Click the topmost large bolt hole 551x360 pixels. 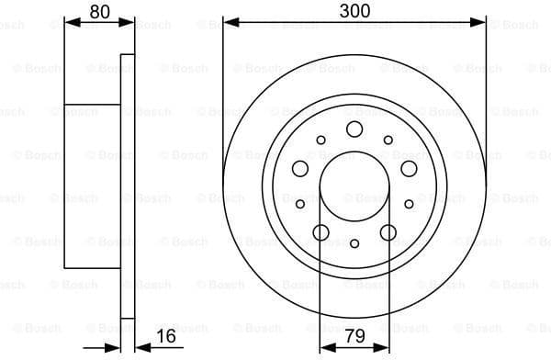click(354, 129)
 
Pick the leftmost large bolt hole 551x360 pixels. click(300, 168)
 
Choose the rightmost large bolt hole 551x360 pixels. click(409, 168)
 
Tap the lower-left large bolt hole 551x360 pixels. click(321, 231)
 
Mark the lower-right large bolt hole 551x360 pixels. click(388, 231)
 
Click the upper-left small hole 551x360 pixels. click(321, 140)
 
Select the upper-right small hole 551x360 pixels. click(388, 140)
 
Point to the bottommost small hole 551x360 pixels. click(354, 243)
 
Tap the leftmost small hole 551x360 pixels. click(300, 204)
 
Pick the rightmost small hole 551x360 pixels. click(409, 204)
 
